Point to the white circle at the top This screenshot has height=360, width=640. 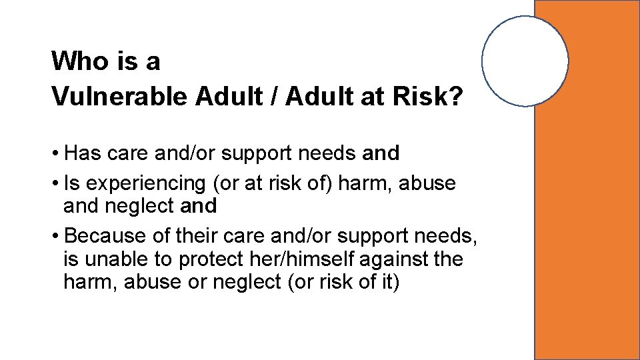(525, 61)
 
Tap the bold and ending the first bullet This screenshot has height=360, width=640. (381, 153)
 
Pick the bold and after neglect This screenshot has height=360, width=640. (199, 207)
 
